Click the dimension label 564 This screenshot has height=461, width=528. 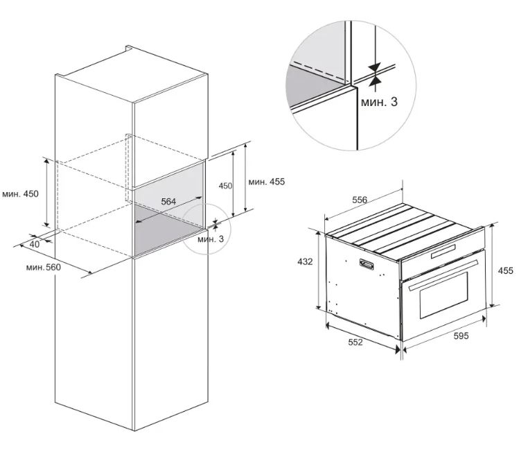[168, 202]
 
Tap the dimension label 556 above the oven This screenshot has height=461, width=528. [360, 200]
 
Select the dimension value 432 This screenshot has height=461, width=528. [305, 261]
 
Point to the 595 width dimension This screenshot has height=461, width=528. [461, 336]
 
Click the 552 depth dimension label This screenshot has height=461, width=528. [355, 342]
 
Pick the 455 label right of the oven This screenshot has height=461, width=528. [506, 270]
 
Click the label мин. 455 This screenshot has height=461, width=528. [267, 182]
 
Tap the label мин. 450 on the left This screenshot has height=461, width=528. [20, 194]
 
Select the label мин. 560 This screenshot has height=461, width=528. [44, 268]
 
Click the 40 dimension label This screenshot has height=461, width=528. [35, 244]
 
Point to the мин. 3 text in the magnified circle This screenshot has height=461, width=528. [379, 102]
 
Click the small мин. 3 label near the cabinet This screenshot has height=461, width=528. [211, 239]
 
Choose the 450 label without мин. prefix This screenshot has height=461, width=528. [225, 186]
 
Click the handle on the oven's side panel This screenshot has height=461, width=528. [367, 264]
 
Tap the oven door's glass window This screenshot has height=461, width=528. [444, 295]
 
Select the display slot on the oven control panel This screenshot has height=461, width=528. [443, 252]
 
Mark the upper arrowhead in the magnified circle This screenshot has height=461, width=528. [374, 67]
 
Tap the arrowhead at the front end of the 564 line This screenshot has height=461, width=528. [138, 221]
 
